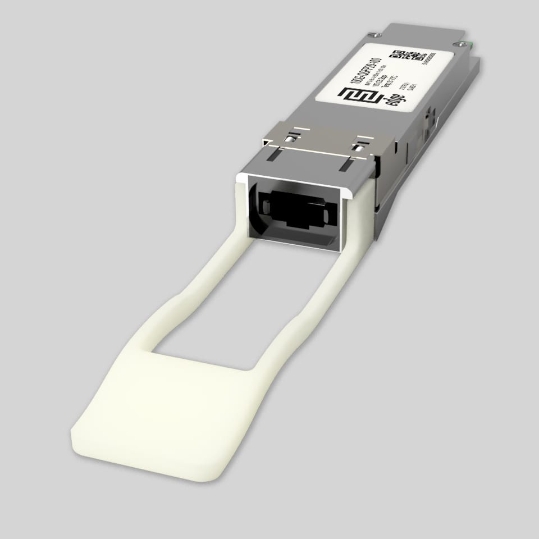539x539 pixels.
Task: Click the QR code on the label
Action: coord(409,55)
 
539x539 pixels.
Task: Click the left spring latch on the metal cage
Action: coord(290,138)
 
